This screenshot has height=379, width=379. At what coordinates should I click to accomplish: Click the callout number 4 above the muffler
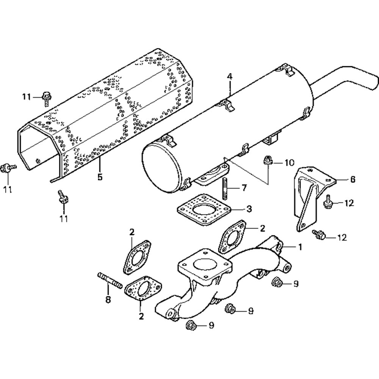[x=230, y=77]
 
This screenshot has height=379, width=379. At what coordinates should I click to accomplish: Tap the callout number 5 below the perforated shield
[x=100, y=177]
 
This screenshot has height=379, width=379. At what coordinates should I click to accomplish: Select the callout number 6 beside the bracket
[x=352, y=179]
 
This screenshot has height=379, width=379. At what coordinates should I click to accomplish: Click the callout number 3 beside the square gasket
[x=249, y=208]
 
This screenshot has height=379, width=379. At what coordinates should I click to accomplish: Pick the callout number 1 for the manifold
[x=300, y=247]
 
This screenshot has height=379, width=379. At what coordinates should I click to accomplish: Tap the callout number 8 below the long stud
[x=108, y=300]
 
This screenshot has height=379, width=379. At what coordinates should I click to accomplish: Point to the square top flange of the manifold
[x=205, y=263]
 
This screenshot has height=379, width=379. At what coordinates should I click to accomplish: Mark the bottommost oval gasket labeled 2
[x=143, y=288]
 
